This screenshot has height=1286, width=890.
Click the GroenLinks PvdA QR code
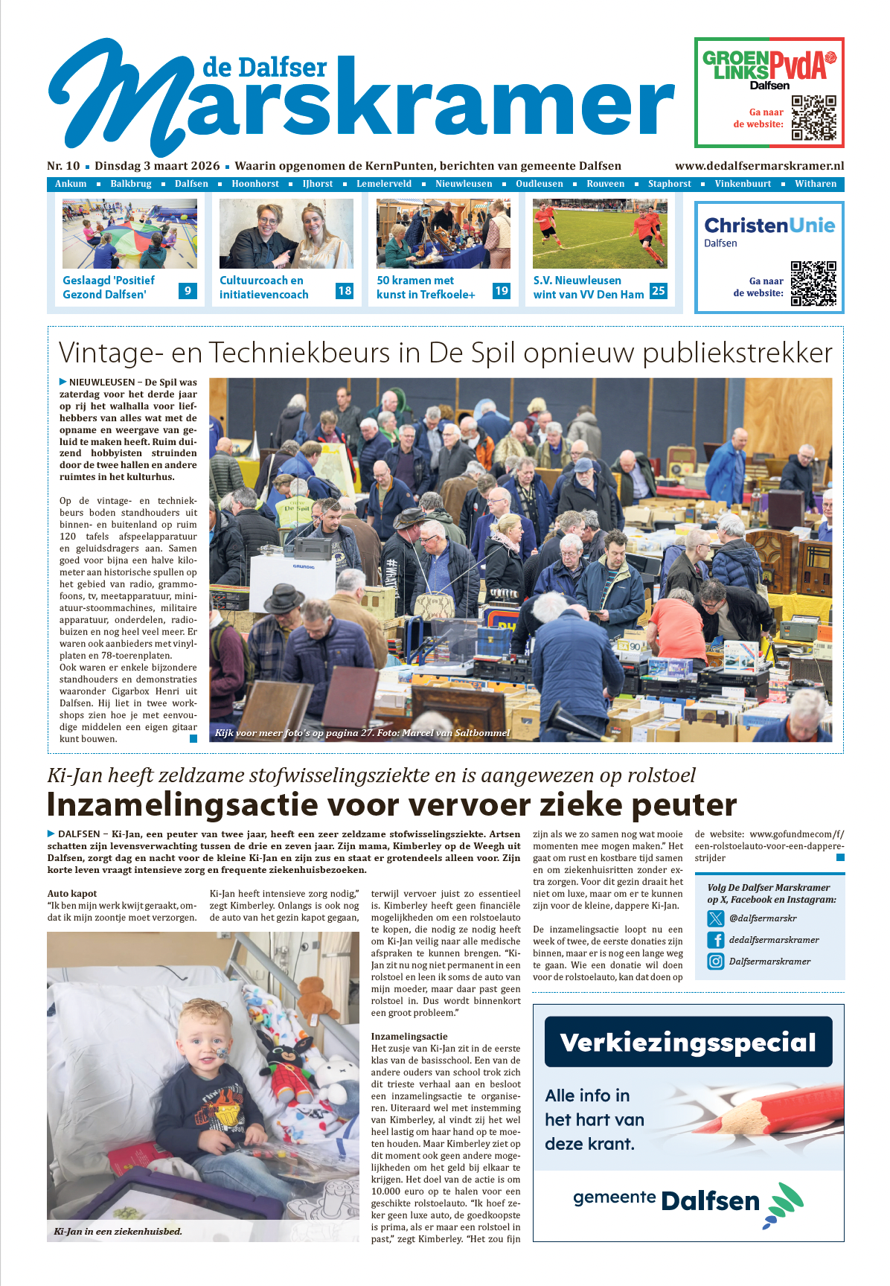(x=813, y=118)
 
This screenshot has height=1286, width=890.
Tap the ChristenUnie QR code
(x=813, y=283)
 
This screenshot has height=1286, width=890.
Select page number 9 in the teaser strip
(x=188, y=291)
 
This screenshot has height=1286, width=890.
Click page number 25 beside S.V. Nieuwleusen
(x=658, y=291)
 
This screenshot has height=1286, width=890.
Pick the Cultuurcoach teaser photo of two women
(x=286, y=234)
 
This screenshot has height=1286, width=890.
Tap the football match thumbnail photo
(x=600, y=234)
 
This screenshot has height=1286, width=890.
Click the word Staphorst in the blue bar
(x=669, y=184)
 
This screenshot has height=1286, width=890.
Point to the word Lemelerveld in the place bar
(x=383, y=184)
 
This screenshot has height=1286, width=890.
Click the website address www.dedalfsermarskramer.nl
(x=759, y=166)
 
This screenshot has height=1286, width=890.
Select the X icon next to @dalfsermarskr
(x=716, y=918)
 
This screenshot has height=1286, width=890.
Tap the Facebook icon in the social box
(x=716, y=940)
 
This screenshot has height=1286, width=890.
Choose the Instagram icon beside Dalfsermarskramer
(x=716, y=962)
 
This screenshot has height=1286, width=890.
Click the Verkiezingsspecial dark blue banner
(x=688, y=1042)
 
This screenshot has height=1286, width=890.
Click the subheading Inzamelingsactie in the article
(x=409, y=1036)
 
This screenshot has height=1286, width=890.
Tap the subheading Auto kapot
(x=72, y=893)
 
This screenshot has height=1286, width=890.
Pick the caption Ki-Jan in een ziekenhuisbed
(x=118, y=1231)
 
